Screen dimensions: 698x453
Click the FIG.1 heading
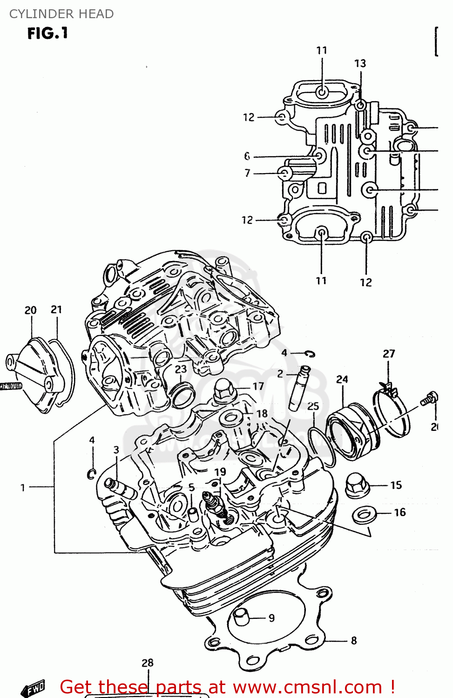47,34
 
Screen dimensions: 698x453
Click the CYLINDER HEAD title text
61,14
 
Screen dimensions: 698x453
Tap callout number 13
360,63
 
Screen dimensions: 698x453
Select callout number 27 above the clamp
389,354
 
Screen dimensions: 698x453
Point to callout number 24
342,379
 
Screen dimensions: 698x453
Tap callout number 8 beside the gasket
354,641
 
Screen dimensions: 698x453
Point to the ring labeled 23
182,394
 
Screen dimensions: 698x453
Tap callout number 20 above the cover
30,310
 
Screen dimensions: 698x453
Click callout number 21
56,309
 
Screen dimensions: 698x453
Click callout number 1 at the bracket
22,488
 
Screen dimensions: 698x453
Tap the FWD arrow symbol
34,688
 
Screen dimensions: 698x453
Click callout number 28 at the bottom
147,663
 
